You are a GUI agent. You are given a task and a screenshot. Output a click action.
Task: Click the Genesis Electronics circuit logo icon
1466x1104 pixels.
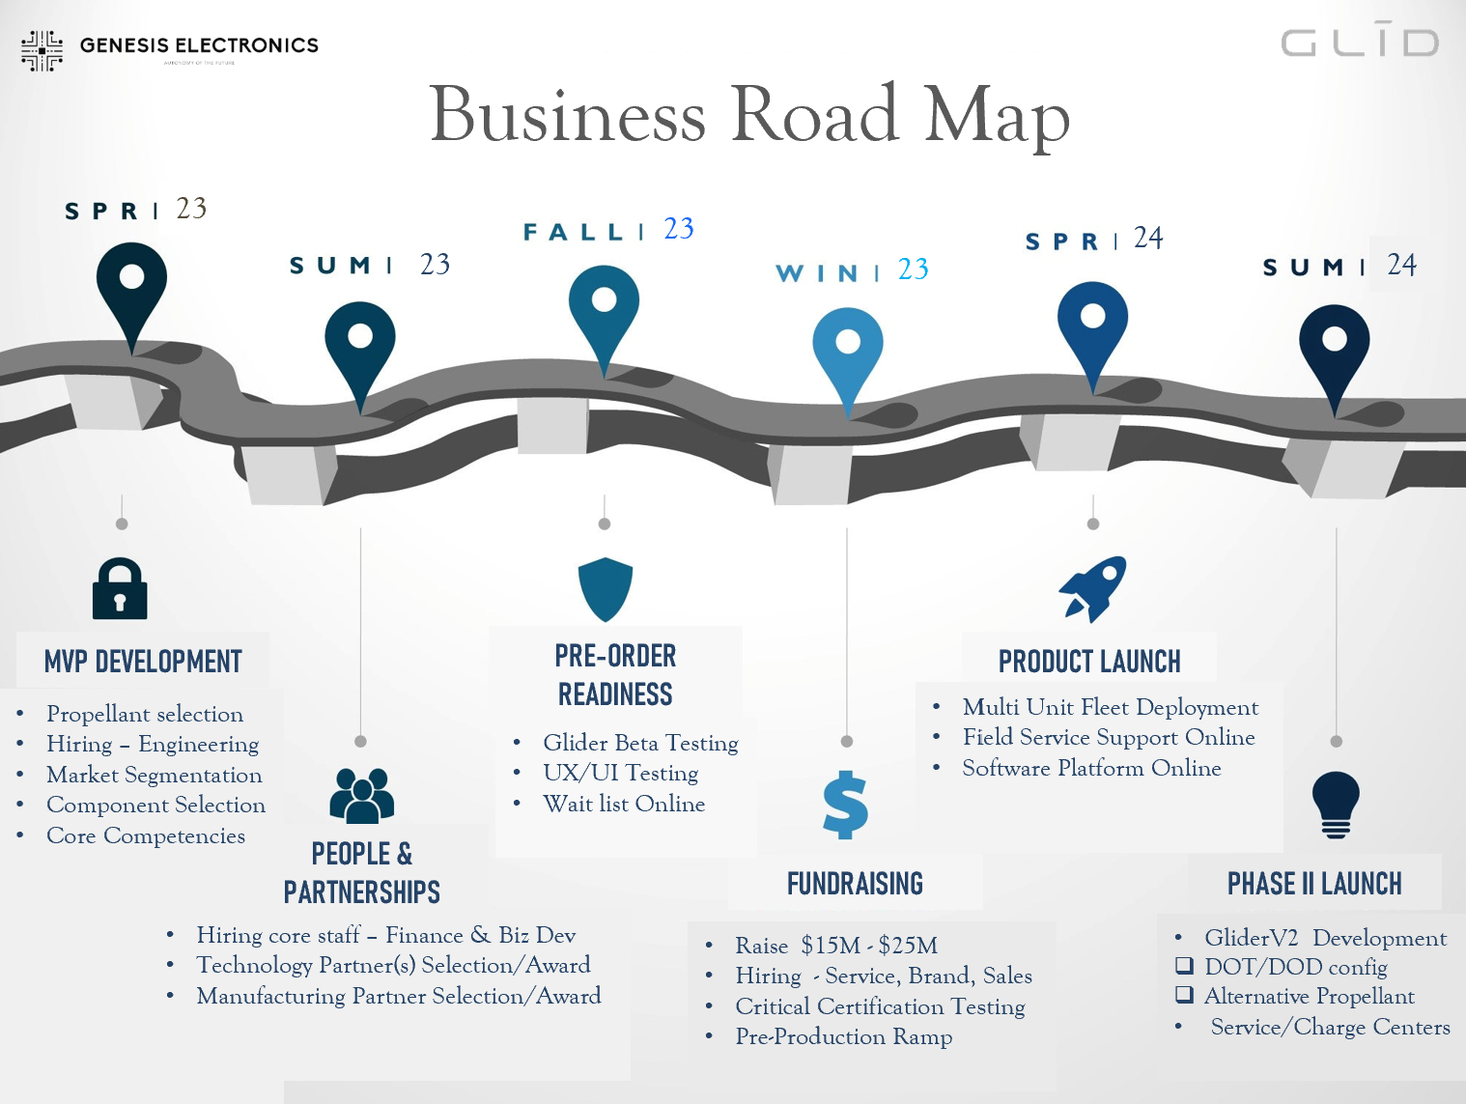[x=42, y=50]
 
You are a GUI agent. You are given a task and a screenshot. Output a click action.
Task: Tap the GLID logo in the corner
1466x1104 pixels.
[x=1360, y=42]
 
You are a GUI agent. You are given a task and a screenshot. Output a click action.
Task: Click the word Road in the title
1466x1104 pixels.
[x=814, y=115]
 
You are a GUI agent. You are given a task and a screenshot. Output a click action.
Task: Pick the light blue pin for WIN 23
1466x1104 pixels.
[x=847, y=350]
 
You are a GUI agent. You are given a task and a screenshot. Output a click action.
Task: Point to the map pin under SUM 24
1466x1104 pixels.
[x=1334, y=347]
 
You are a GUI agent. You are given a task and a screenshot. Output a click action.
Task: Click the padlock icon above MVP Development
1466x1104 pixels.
[x=120, y=588]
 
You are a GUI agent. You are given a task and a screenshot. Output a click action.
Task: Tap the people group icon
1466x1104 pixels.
[x=361, y=795]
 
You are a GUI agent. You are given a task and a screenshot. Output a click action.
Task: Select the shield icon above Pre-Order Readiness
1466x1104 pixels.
[x=605, y=588]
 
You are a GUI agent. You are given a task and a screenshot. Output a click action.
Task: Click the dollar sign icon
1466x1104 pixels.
[x=845, y=804]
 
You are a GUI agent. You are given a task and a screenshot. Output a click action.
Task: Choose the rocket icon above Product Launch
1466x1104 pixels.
[x=1093, y=588]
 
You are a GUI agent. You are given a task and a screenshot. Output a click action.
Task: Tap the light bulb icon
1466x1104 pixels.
[x=1336, y=804]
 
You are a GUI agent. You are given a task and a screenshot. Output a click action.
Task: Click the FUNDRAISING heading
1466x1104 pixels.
[x=855, y=883]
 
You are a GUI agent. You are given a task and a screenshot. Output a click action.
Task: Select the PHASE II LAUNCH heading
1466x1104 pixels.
[x=1313, y=883]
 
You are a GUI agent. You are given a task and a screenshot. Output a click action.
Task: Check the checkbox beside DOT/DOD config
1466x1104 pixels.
[x=1184, y=965]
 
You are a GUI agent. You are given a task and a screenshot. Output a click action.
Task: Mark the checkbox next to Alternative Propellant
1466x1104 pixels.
[x=1184, y=995]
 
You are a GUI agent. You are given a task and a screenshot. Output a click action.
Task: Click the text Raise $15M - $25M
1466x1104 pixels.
[x=836, y=946]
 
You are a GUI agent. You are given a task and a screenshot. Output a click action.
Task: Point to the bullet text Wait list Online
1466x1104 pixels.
[x=624, y=804]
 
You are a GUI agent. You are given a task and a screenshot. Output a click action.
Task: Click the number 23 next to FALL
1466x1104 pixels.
[x=678, y=229]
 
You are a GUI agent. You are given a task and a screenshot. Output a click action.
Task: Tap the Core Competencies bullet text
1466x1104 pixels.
[x=146, y=835]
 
